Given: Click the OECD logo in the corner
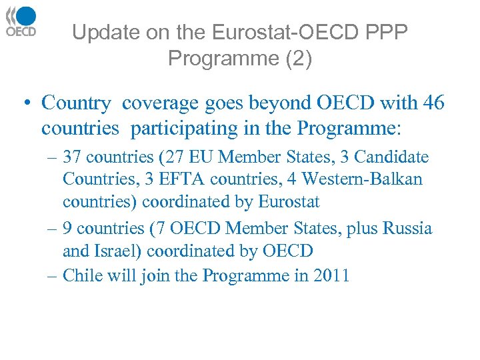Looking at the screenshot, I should [21, 21].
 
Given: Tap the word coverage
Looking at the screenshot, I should [159, 103].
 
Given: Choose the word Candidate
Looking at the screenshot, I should [391, 157].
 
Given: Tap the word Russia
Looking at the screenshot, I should [407, 229].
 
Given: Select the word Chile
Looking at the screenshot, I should [79, 275].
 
